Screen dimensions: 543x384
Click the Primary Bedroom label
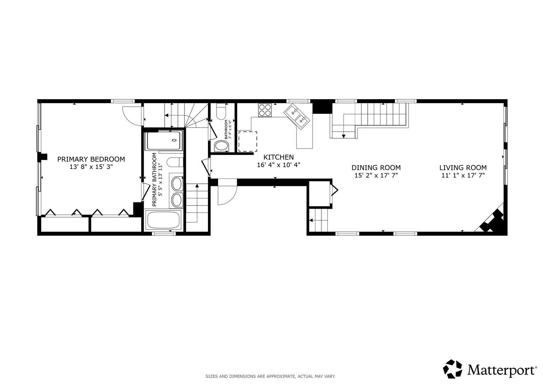pos(91,159)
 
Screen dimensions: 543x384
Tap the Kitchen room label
pos(278,157)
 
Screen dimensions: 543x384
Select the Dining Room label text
pos(376,167)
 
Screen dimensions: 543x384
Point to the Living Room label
pos(463,167)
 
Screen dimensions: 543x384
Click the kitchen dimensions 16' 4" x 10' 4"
pos(278,165)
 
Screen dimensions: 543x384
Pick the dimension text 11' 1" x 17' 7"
pos(463,175)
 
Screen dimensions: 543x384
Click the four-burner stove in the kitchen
pos(265,110)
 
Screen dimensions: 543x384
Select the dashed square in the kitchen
pos(247,142)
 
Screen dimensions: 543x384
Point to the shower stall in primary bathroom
pos(164,140)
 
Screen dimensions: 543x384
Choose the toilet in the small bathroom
pos(221,112)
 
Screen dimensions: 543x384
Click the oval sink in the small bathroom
pos(221,146)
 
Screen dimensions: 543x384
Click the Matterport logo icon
pos(452,369)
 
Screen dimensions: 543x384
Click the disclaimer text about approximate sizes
pos(271,377)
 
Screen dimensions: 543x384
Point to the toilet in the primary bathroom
pos(175,162)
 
